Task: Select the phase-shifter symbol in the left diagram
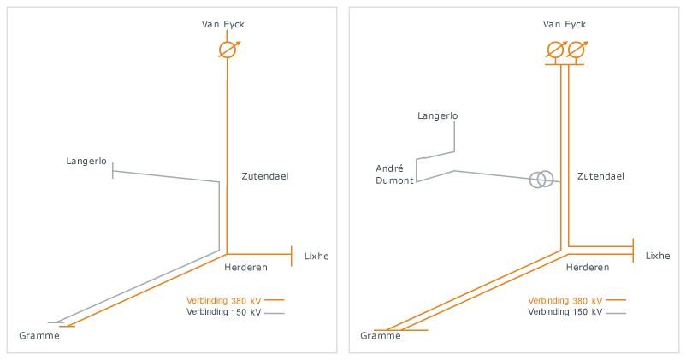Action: tap(227, 50)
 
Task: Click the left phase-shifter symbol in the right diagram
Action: tap(555, 50)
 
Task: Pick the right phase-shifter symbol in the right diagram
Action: tap(576, 50)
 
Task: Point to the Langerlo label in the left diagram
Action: tap(86, 161)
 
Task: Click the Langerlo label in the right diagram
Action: tap(438, 115)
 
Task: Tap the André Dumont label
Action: tap(395, 174)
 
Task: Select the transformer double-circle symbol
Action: tap(541, 180)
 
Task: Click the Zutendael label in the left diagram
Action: tap(265, 176)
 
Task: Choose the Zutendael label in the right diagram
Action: tap(600, 176)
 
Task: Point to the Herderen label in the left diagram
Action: tap(245, 268)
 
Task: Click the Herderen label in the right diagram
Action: tap(588, 268)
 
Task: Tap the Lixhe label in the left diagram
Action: tap(316, 256)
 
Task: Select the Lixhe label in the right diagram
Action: tap(658, 256)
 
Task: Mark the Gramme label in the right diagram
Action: tap(381, 336)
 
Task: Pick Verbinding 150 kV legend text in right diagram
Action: tap(565, 312)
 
